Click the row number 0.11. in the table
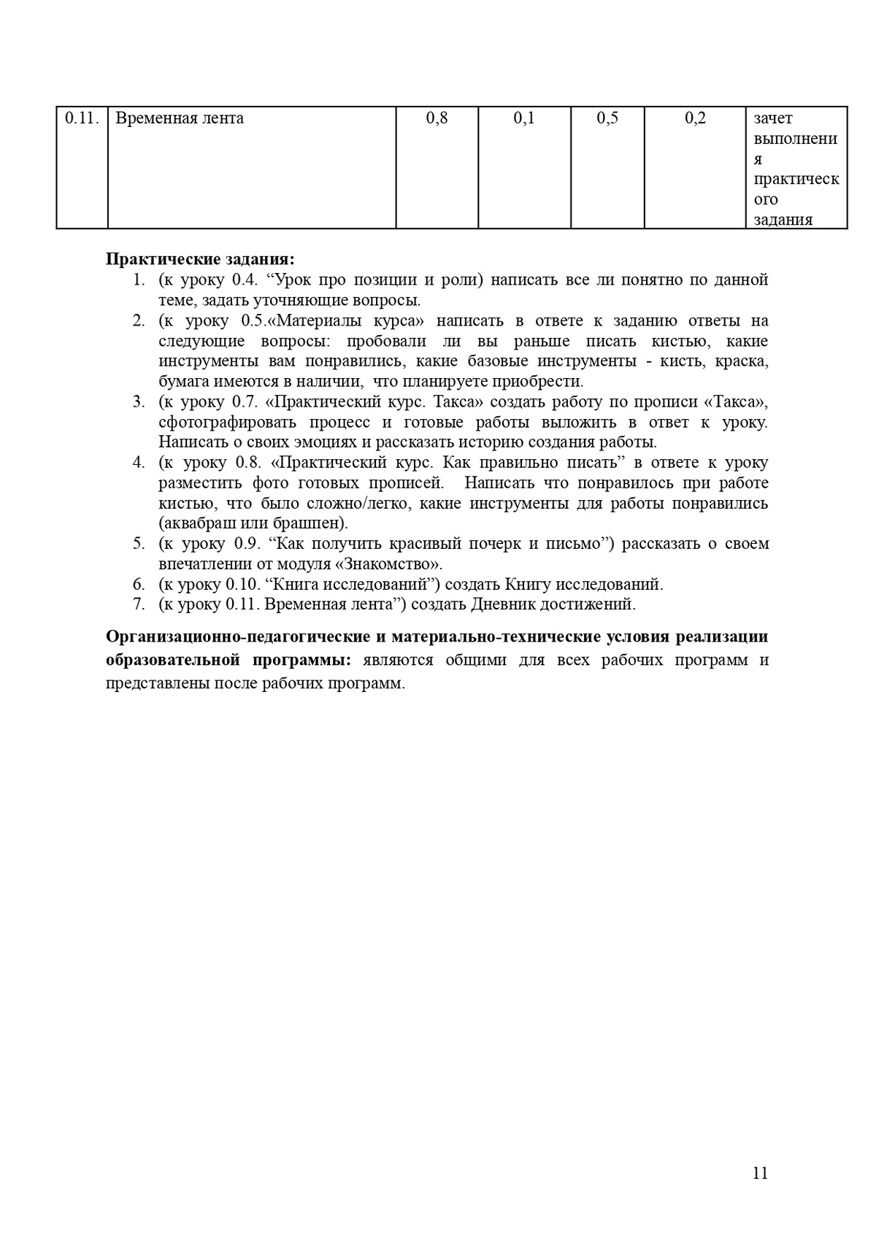[82, 118]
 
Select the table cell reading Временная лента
[180, 118]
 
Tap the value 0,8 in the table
[437, 118]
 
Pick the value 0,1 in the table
[524, 118]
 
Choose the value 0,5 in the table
[607, 118]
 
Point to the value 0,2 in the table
[695, 118]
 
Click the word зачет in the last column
[773, 118]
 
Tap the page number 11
[759, 1173]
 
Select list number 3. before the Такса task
[139, 401]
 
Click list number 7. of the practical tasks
[139, 604]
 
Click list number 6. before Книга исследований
[139, 584]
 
